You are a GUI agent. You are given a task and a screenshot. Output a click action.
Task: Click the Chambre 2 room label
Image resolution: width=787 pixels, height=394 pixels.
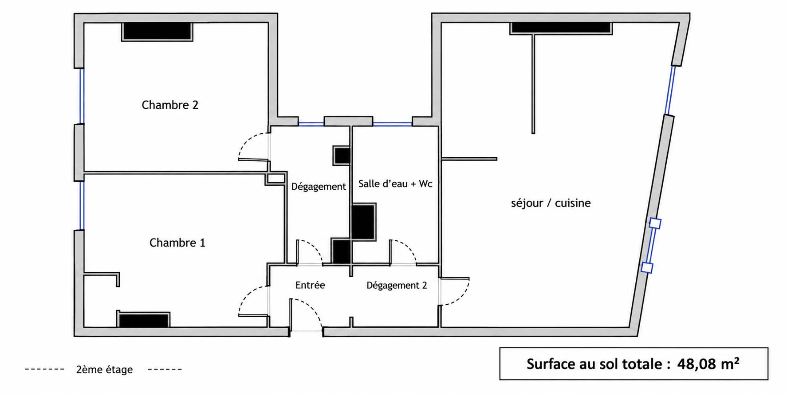[170, 105]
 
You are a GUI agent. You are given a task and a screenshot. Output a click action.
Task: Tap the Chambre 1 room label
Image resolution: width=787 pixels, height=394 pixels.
[177, 243]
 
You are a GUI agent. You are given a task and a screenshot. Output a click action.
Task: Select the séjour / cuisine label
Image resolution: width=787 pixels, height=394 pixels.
[551, 203]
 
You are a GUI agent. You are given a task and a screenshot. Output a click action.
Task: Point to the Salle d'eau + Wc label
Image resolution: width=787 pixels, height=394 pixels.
[395, 183]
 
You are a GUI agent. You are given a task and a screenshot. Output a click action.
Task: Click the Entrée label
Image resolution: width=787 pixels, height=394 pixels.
[310, 285]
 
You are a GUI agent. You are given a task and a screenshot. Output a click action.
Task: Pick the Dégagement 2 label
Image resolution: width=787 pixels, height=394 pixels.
[397, 285]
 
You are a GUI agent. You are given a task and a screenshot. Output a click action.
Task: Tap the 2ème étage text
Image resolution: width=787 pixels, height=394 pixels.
[104, 370]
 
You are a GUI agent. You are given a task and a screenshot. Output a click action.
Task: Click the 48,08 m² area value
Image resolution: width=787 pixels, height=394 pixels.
[708, 364]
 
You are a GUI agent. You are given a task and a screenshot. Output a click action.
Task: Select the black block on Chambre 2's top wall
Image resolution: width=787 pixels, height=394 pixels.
[157, 31]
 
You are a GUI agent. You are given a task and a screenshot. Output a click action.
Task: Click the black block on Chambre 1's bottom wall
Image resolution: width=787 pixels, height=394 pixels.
[143, 320]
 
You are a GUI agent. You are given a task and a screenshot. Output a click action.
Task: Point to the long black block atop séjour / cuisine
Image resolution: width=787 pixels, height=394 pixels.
[561, 27]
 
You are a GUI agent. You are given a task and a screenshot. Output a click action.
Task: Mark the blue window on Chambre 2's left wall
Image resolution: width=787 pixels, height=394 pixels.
[82, 96]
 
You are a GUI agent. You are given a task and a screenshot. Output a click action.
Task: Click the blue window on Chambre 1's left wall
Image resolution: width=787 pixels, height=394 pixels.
[82, 205]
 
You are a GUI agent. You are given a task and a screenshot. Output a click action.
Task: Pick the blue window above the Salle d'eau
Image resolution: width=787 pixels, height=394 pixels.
[392, 124]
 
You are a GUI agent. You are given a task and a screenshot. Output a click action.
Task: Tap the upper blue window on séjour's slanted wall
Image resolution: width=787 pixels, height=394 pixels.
[670, 90]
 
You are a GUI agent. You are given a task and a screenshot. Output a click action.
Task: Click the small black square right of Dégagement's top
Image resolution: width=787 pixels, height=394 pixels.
[342, 155]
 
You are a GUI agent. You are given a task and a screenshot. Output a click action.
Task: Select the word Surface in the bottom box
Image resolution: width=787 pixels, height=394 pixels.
[552, 364]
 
